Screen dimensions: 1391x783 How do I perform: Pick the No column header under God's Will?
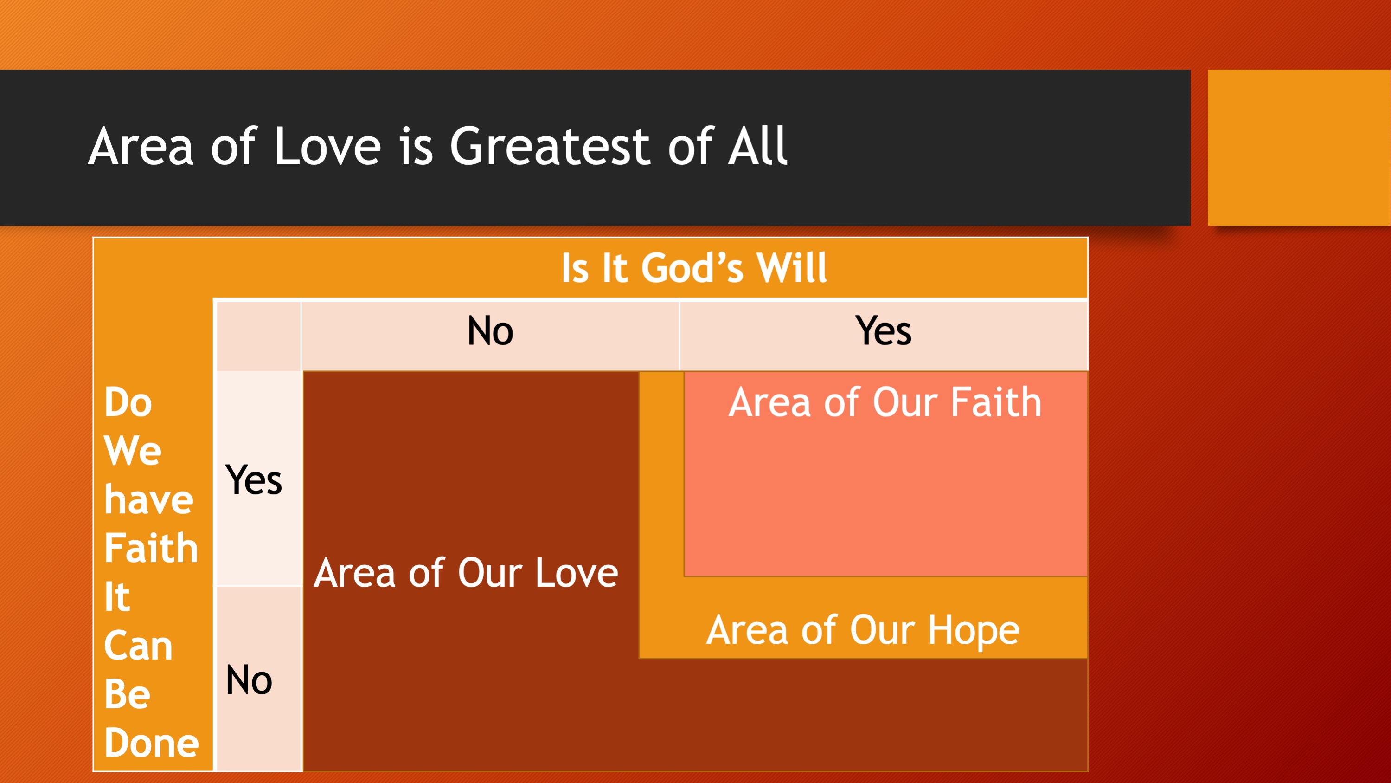pyautogui.click(x=490, y=331)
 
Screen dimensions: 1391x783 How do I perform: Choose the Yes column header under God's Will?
pyautogui.click(x=884, y=331)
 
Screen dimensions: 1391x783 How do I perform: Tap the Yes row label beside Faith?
pyautogui.click(x=253, y=479)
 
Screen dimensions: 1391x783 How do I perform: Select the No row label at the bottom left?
pyautogui.click(x=249, y=680)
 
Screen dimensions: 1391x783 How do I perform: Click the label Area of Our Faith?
pyautogui.click(x=885, y=402)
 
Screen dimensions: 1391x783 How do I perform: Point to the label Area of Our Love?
pyautogui.click(x=466, y=573)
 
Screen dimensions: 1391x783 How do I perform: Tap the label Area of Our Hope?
pyautogui.click(x=863, y=631)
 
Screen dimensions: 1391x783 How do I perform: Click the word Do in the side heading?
pyautogui.click(x=128, y=402)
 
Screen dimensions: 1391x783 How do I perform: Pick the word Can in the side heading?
pyautogui.click(x=138, y=646)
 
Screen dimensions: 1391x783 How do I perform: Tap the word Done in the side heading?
pyautogui.click(x=152, y=743)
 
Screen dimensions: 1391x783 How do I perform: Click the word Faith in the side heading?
pyautogui.click(x=151, y=548)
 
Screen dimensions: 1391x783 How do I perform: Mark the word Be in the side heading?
pyautogui.click(x=128, y=694)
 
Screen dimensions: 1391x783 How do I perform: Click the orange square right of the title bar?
pyautogui.click(x=1299, y=148)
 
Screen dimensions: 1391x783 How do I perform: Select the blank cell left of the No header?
pyautogui.click(x=259, y=336)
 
